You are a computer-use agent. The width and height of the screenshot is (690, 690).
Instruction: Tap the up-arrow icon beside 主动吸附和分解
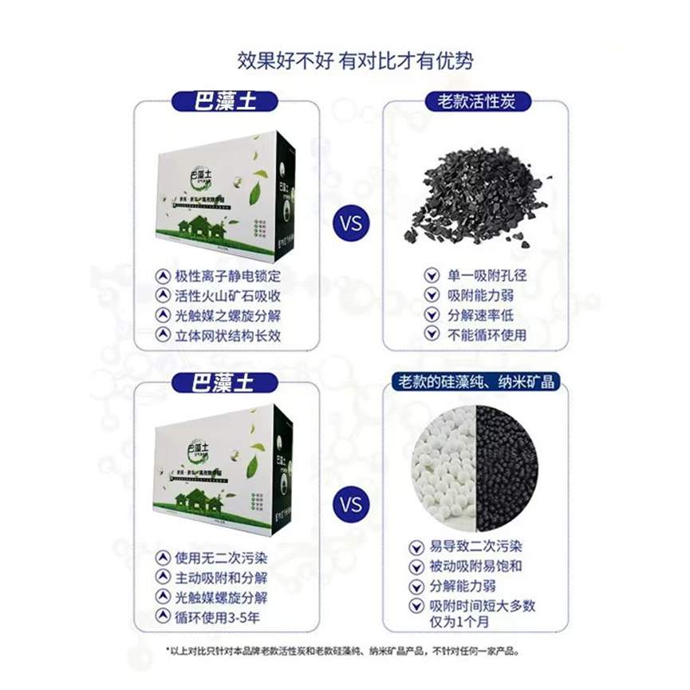(x=162, y=578)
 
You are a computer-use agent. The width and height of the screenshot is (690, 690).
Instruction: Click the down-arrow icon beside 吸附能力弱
(x=432, y=295)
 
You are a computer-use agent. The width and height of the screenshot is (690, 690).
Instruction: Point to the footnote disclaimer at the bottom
(x=345, y=651)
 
